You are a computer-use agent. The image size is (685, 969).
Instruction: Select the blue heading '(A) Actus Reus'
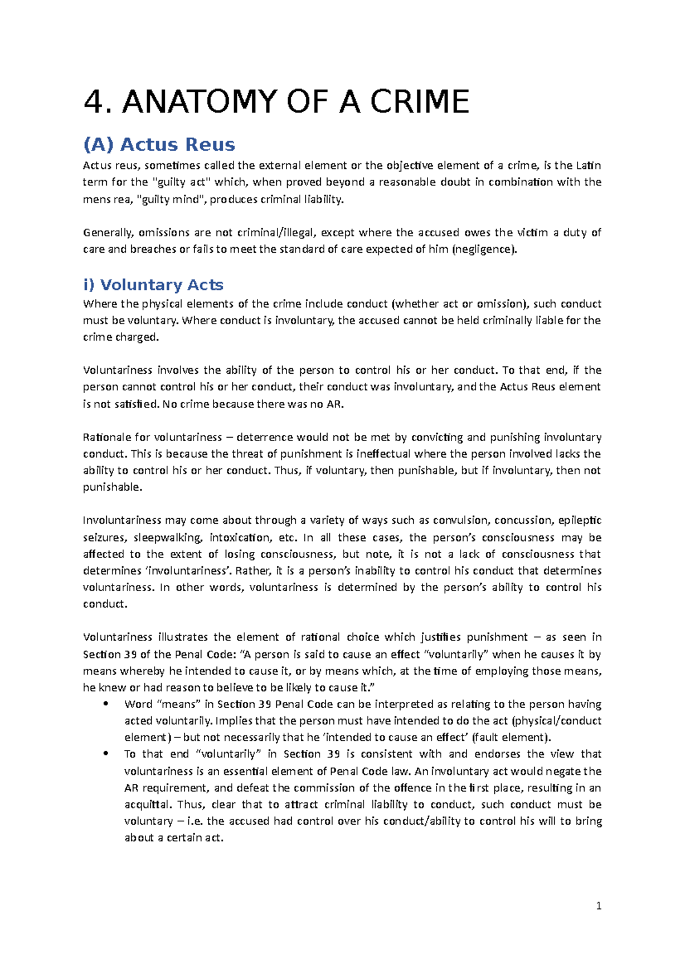pos(159,144)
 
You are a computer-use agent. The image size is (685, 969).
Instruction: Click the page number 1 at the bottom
pos(598,906)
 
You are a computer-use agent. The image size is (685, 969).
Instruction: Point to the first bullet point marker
pos(106,704)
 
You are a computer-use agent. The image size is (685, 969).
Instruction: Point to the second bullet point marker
pos(106,754)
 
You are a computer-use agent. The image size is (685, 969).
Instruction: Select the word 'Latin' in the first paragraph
pos(588,165)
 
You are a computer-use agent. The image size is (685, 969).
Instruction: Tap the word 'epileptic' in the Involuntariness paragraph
pos(579,520)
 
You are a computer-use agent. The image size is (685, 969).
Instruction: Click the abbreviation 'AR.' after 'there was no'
pos(336,404)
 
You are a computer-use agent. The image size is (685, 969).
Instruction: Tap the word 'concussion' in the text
pos(523,520)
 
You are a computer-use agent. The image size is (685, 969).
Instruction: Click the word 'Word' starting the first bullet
pos(138,704)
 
